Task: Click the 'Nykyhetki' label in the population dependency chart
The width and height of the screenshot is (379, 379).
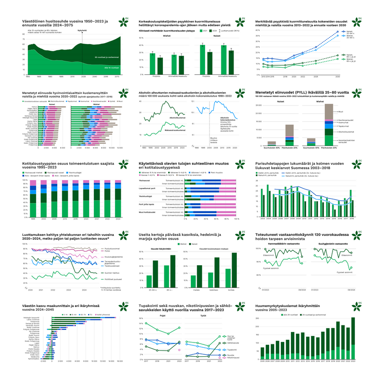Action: coord(82,30)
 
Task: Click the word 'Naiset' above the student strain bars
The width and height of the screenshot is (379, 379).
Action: coord(217,35)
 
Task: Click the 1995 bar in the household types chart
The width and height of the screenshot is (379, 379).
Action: coord(33,199)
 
